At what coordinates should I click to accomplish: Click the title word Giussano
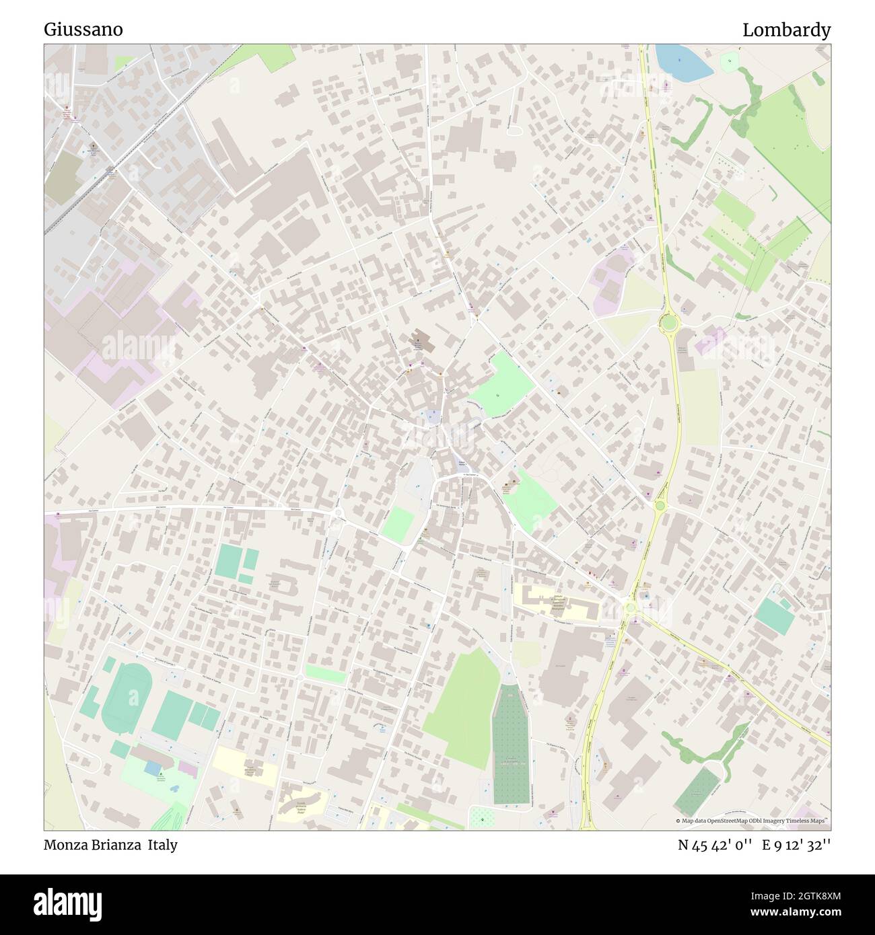83,30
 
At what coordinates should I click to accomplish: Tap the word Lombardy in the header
786,30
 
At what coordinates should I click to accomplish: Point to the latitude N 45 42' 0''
715,845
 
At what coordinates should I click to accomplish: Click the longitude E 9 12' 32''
797,845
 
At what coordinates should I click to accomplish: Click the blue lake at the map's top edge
682,61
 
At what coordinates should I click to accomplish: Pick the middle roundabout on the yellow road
660,505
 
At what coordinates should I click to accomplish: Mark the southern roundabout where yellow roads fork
630,607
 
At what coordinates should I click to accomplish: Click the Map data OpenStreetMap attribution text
753,821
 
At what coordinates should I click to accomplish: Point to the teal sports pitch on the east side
774,615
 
